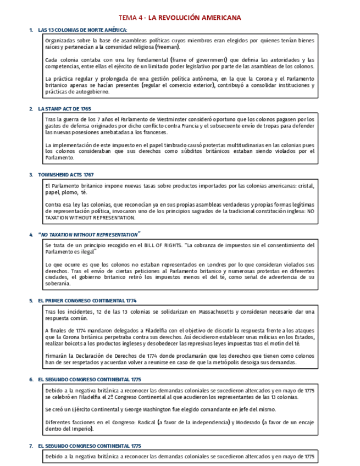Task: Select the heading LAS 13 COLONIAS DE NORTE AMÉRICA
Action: pyautogui.click(x=82, y=30)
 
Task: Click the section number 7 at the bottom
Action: pyautogui.click(x=31, y=446)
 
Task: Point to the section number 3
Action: pyautogui.click(x=31, y=174)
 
